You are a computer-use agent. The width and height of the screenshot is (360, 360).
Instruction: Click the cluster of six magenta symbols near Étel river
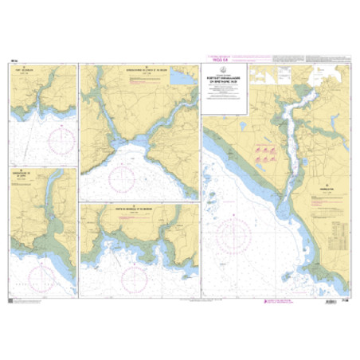pos(264,154)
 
